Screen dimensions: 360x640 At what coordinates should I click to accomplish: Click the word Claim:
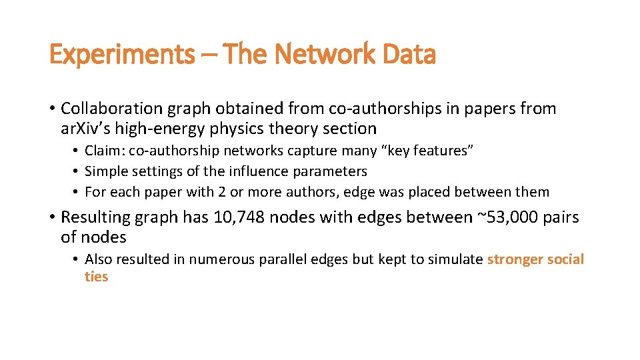105,150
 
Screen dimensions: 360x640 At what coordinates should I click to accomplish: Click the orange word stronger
517,259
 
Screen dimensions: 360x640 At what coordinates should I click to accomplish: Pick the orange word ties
96,277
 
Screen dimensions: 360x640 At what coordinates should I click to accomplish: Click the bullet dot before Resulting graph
52,217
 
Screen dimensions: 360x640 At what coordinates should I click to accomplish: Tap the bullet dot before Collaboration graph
52,109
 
